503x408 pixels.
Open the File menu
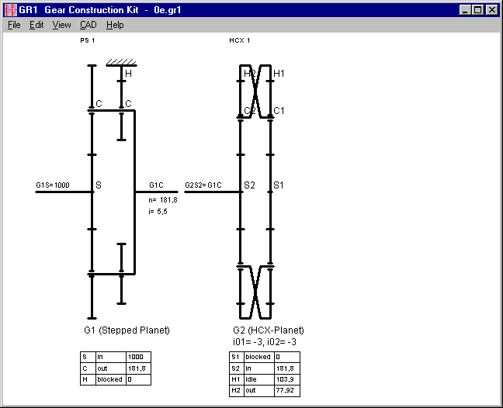pyautogui.click(x=14, y=25)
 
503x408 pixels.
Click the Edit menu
pyautogui.click(x=36, y=25)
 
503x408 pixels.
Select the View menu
pyautogui.click(x=61, y=25)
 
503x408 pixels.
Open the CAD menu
pyautogui.click(x=88, y=25)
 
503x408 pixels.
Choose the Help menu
pyautogui.click(x=115, y=25)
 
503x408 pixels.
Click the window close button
pyautogui.click(x=491, y=10)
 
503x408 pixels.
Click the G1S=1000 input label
pyautogui.click(x=52, y=185)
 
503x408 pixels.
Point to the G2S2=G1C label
pyautogui.click(x=203, y=185)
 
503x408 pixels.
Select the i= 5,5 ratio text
pyautogui.click(x=158, y=209)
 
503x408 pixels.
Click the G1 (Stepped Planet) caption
pyautogui.click(x=126, y=330)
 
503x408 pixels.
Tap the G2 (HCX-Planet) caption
pyautogui.click(x=268, y=330)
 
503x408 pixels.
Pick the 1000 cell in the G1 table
pyautogui.click(x=136, y=357)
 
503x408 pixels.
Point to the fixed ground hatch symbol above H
pyautogui.click(x=121, y=62)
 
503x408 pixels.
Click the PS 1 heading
pyautogui.click(x=87, y=40)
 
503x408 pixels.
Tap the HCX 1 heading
pyautogui.click(x=239, y=40)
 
